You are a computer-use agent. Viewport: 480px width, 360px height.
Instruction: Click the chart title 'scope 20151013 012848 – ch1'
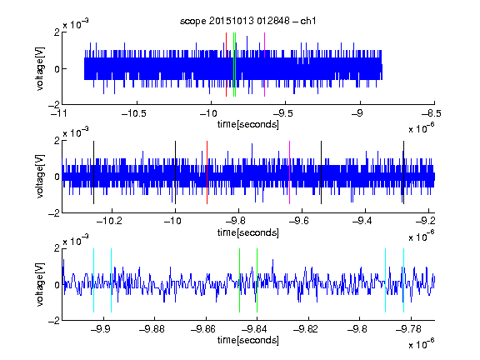point(248,21)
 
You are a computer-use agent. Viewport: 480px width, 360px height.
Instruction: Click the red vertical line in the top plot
point(226,65)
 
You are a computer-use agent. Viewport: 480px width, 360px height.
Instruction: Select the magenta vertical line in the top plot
point(264,65)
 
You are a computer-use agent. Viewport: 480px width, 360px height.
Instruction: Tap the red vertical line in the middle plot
point(207,172)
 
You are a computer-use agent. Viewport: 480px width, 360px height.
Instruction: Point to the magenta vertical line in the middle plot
point(290,172)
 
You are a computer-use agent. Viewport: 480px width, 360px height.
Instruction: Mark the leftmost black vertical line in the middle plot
point(93,172)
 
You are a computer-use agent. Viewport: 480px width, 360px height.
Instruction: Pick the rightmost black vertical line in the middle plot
point(404,172)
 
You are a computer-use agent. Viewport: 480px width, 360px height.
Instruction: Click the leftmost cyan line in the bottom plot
point(93,280)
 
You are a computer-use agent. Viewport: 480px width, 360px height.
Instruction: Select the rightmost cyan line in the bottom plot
point(404,280)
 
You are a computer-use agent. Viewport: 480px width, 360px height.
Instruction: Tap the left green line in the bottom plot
point(239,280)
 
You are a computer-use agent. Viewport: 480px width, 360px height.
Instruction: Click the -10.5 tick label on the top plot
point(134,113)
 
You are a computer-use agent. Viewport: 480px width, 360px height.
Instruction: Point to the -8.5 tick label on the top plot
point(432,113)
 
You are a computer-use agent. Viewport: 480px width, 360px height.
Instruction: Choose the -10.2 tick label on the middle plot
point(109,221)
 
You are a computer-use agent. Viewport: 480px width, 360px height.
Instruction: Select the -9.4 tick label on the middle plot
point(362,221)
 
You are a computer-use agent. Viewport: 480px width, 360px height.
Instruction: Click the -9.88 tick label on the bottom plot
point(152,329)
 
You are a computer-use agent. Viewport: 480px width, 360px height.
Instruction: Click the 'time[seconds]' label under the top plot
point(248,124)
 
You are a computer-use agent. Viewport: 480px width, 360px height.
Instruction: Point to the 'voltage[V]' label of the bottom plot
point(40,285)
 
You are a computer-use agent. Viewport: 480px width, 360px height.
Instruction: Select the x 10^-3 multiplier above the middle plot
point(76,132)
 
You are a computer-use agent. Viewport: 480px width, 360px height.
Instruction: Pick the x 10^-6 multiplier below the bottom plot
point(421,344)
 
